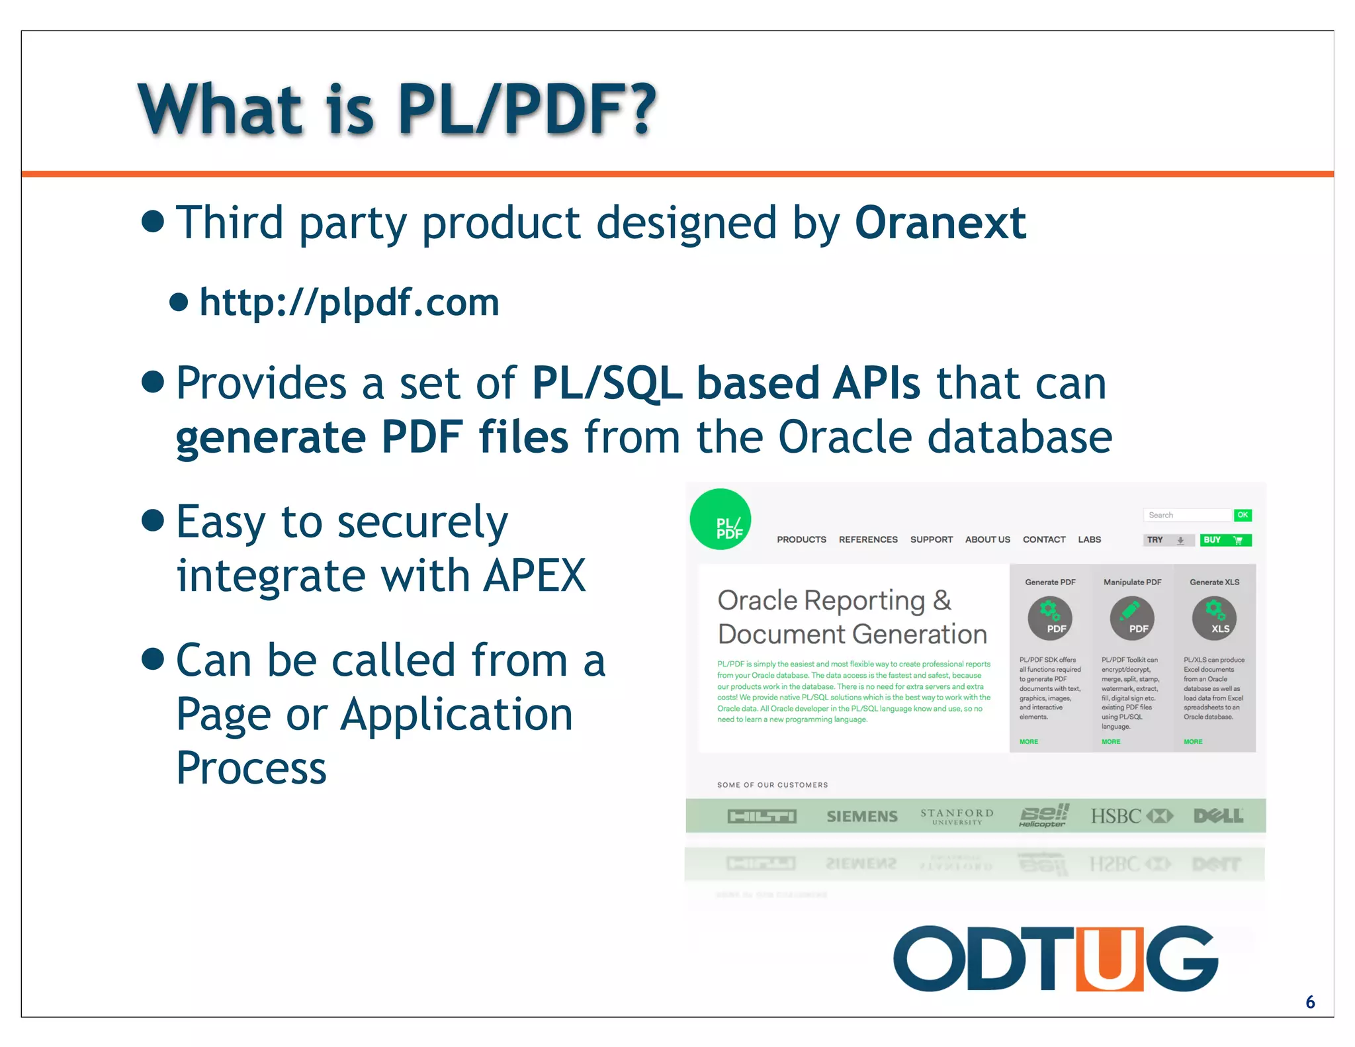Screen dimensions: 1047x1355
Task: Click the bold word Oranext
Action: pos(940,223)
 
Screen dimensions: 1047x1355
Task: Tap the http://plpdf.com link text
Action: pos(349,302)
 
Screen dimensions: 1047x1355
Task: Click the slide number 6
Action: pos(1309,1002)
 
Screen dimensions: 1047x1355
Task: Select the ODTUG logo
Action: pos(1055,958)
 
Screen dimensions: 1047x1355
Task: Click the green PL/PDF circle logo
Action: pos(721,520)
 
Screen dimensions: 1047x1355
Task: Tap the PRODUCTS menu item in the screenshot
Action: pos(801,539)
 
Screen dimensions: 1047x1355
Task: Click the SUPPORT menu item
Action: pos(931,539)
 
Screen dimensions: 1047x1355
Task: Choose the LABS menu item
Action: pos(1089,539)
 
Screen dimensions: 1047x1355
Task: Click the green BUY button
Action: pos(1225,540)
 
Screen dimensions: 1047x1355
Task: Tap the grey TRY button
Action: pos(1168,540)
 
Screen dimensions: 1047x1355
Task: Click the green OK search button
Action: pos(1243,515)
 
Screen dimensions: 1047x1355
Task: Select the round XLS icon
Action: pos(1214,618)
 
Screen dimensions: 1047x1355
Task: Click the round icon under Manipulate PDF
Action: pos(1132,618)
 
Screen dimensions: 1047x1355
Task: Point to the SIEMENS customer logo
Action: pos(861,816)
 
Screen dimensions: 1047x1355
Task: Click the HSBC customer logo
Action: pos(1131,816)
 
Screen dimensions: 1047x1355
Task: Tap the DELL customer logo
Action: pos(1218,816)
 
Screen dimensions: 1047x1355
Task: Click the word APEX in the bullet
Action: pos(535,575)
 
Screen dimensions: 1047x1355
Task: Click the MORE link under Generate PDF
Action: pos(1028,741)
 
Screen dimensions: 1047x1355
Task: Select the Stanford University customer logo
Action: pos(957,816)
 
